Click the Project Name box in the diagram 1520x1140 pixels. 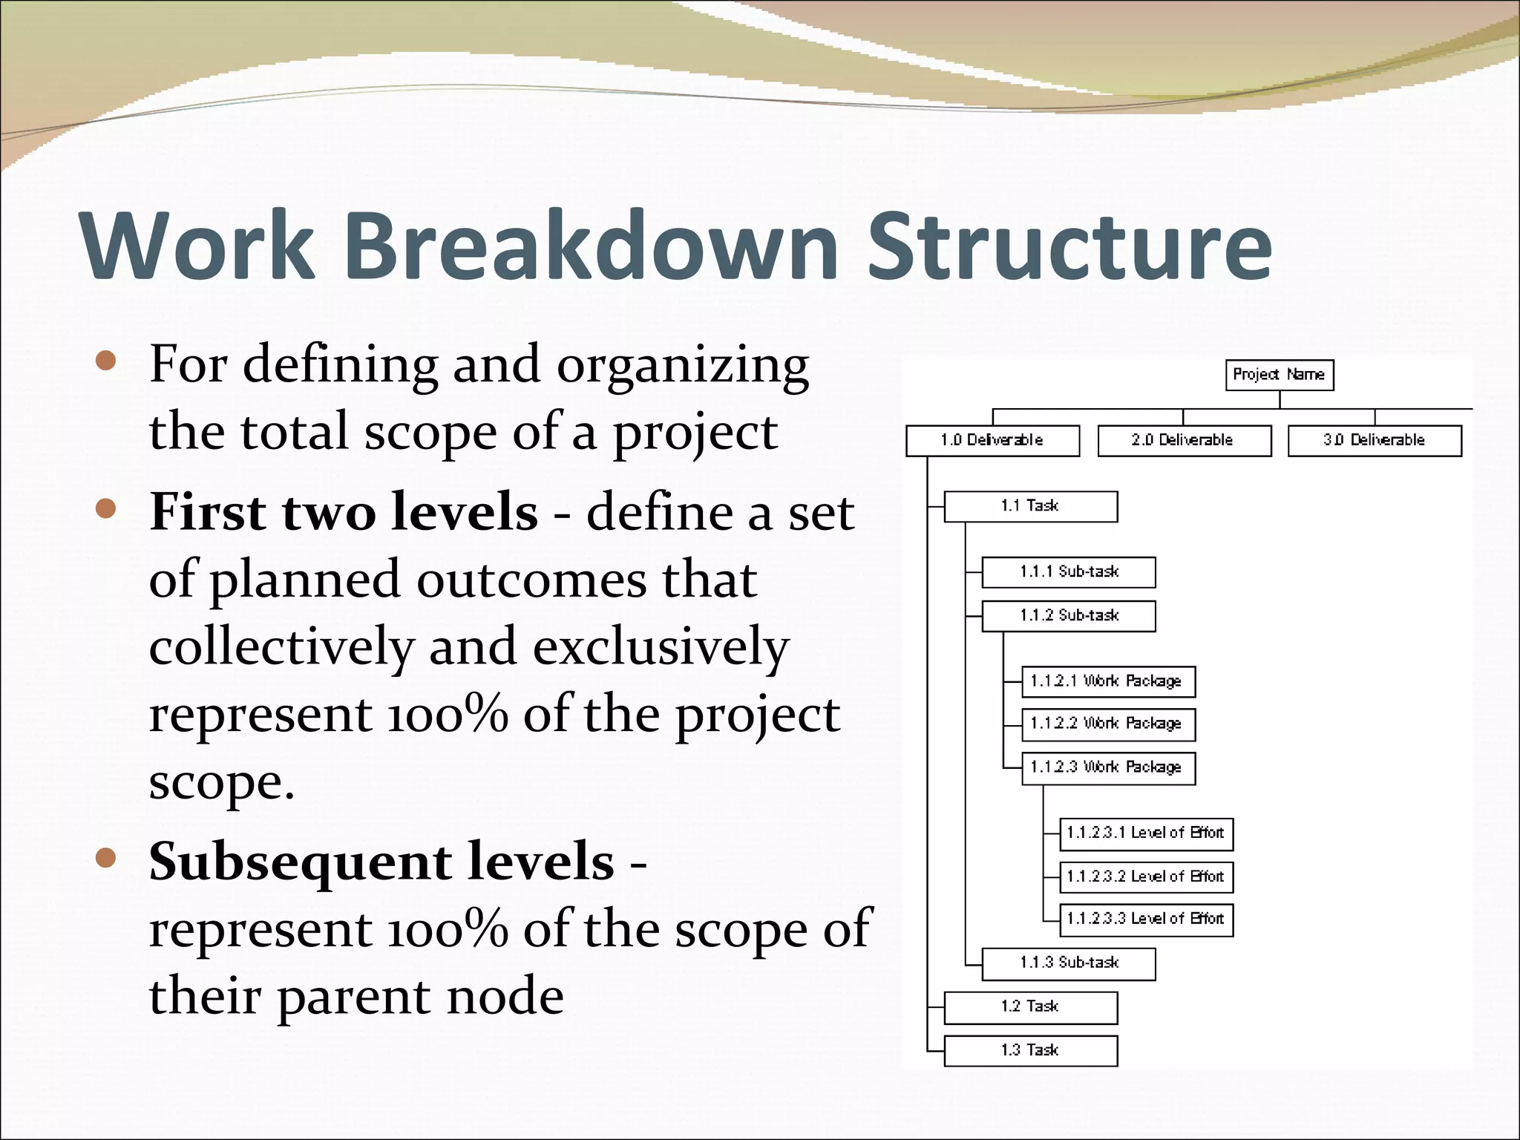click(1279, 375)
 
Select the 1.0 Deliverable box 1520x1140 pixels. click(992, 441)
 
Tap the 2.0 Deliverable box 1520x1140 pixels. click(1184, 441)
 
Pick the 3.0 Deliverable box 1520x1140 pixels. click(1374, 441)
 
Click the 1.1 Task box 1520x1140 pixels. click(1030, 507)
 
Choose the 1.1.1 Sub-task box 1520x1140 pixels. click(1068, 572)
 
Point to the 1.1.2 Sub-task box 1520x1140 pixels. click(1068, 616)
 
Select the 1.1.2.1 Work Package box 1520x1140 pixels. click(1108, 681)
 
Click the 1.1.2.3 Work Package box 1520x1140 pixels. click(1108, 768)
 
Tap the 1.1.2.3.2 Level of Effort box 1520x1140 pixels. click(1146, 877)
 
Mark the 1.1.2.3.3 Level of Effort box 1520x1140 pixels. click(1146, 920)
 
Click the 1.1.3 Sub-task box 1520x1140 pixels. click(1068, 964)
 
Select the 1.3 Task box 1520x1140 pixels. click(1030, 1051)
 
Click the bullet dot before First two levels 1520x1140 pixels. click(106, 508)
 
